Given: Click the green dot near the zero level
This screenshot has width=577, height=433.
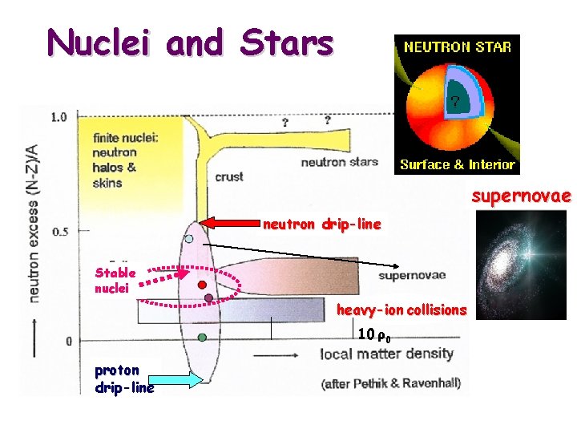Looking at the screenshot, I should [x=202, y=338].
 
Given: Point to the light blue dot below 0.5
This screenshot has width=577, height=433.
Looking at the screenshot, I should [x=189, y=238].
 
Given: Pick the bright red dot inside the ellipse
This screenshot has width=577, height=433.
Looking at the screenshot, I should [x=203, y=284].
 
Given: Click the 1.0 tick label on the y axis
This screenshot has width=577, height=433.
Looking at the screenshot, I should [x=59, y=117].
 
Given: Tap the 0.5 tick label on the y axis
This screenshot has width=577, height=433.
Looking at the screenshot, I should [x=59, y=231].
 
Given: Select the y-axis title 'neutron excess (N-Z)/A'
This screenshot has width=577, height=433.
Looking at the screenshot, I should [x=32, y=223].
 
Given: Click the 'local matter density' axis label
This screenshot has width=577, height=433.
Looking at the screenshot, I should [x=387, y=354].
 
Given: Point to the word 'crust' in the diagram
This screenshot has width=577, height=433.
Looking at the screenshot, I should [x=229, y=176].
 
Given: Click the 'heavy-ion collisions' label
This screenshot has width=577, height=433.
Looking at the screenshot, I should [x=401, y=310].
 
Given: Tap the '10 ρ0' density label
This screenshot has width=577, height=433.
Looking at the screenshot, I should [x=373, y=334].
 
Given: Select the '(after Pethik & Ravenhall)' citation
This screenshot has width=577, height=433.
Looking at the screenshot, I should [x=390, y=382].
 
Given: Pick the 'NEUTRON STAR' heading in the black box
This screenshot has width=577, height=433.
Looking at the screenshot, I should [x=458, y=47].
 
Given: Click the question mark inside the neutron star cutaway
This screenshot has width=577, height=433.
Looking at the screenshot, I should [x=454, y=102].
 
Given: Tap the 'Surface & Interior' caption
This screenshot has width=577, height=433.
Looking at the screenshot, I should [x=458, y=164].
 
